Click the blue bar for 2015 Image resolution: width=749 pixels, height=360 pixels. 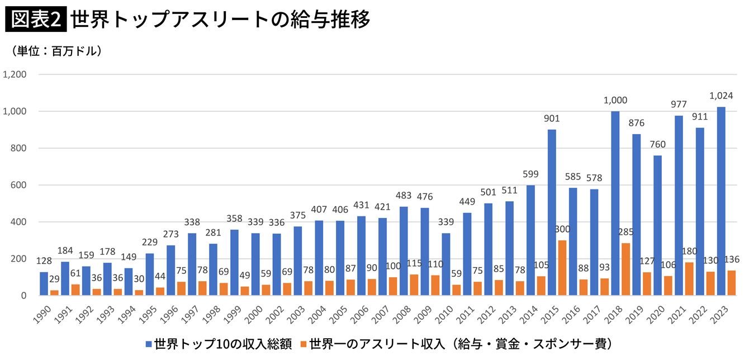(x=552, y=212)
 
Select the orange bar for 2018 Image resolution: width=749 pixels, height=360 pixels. (x=626, y=269)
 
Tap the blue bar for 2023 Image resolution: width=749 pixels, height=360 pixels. (x=721, y=201)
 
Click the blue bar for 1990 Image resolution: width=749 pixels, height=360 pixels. (x=44, y=283)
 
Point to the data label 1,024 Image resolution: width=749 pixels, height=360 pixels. (x=720, y=96)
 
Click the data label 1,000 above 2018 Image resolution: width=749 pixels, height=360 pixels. (x=615, y=101)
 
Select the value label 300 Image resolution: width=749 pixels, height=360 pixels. (x=562, y=230)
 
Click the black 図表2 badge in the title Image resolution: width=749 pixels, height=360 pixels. (x=36, y=21)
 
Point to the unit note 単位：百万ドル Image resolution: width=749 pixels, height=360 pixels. (x=56, y=51)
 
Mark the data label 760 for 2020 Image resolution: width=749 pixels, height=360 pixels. (x=657, y=145)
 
